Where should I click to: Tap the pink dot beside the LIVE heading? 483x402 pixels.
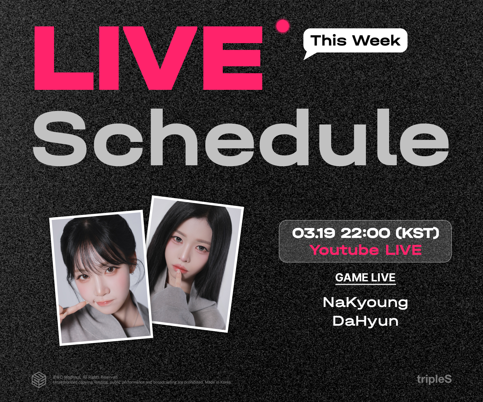point(283,26)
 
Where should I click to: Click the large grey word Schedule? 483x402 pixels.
point(241,138)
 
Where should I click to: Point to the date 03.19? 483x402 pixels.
point(314,233)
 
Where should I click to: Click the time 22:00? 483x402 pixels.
point(366,233)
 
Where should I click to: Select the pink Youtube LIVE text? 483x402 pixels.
point(366,250)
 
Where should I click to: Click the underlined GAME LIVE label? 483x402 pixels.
point(365,278)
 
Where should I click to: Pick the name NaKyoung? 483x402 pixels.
point(365,302)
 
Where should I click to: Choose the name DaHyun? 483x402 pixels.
point(365,321)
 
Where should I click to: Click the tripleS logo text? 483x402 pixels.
point(434,379)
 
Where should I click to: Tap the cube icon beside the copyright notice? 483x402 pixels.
point(39,380)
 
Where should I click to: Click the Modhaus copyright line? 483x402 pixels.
point(85,377)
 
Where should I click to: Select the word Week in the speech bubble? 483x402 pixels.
point(376,41)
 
